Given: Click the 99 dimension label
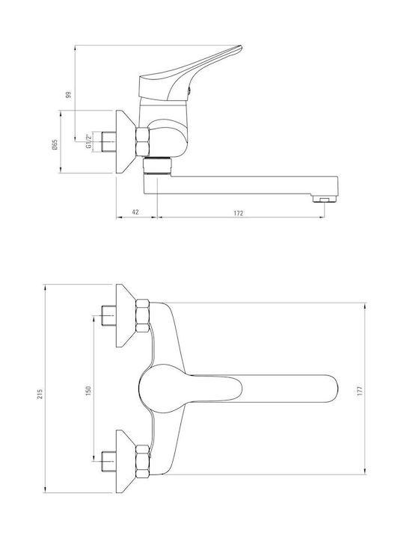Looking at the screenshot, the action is (x=68, y=95).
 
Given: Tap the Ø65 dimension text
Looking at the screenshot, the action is (x=55, y=145).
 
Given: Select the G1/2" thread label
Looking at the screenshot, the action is (x=88, y=141).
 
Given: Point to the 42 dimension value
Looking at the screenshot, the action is (x=135, y=212).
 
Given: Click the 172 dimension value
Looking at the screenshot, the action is (x=239, y=213).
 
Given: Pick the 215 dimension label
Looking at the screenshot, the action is (x=40, y=394).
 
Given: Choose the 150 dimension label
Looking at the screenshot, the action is (x=88, y=391).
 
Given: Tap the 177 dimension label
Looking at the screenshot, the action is (x=360, y=391).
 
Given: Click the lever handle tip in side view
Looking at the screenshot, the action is (x=240, y=47).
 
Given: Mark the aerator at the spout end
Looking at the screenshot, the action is (x=325, y=198).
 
